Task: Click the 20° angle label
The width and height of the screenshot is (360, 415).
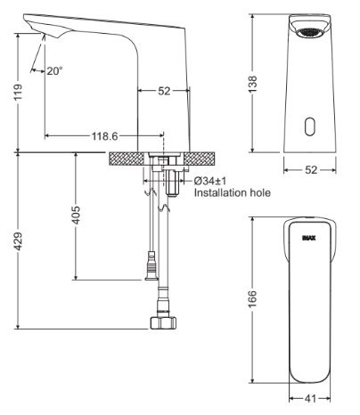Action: click(55, 70)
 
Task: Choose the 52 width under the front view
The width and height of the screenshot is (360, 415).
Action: click(311, 168)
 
